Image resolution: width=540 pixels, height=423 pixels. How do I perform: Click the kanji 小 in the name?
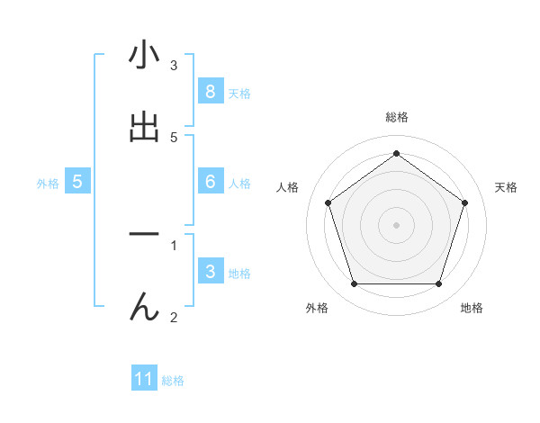(144, 56)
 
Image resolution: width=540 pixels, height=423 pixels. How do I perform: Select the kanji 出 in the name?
(144, 127)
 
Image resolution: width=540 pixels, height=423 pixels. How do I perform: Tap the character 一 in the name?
(144, 234)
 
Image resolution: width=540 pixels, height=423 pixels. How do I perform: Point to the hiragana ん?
(144, 307)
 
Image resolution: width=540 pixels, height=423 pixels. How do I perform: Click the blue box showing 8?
(210, 91)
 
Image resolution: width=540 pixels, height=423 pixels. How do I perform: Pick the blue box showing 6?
(210, 181)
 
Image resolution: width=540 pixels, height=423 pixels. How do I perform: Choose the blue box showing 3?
(210, 271)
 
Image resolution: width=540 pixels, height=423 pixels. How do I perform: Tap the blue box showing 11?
(144, 379)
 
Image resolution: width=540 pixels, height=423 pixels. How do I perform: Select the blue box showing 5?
(77, 181)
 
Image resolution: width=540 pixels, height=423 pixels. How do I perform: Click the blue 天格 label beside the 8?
(238, 94)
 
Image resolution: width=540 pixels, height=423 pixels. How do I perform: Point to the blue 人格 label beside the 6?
(238, 184)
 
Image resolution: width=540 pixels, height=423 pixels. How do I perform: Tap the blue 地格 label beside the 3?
(238, 274)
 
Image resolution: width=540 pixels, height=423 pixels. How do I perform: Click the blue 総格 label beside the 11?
(173, 382)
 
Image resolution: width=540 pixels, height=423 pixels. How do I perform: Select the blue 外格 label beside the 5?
(48, 184)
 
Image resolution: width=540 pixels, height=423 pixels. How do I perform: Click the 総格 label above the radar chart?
(396, 117)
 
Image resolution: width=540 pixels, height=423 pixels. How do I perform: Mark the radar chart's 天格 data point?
(465, 202)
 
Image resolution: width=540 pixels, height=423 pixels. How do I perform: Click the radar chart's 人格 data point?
(328, 202)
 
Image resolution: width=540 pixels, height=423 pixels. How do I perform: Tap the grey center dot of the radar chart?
(396, 224)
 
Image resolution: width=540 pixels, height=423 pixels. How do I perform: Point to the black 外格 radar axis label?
(317, 309)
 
